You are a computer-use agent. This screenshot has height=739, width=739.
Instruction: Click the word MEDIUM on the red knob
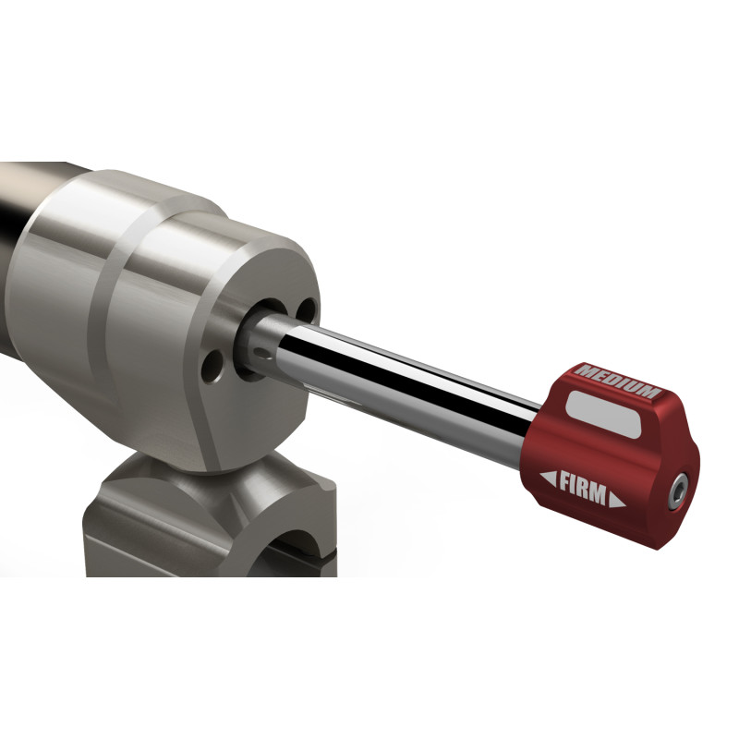click(x=618, y=381)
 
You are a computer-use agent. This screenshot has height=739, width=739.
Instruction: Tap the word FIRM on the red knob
click(x=583, y=488)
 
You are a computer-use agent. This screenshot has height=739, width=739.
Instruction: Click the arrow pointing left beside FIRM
click(x=548, y=478)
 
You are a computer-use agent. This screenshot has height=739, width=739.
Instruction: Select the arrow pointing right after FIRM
click(x=617, y=500)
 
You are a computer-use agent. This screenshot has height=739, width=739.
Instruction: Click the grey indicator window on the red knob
click(x=604, y=415)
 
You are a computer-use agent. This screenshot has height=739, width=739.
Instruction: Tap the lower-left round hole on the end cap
click(x=212, y=366)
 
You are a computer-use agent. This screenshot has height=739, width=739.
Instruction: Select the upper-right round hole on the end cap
click(x=308, y=311)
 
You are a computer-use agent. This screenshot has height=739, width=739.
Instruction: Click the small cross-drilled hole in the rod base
click(x=260, y=351)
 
